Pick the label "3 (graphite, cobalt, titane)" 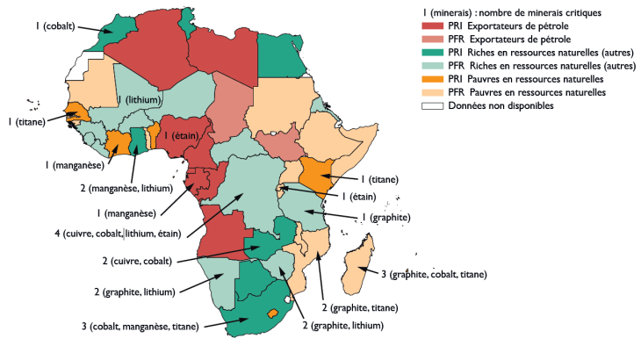(x=433, y=274)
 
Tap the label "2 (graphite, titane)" (x=361, y=307)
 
